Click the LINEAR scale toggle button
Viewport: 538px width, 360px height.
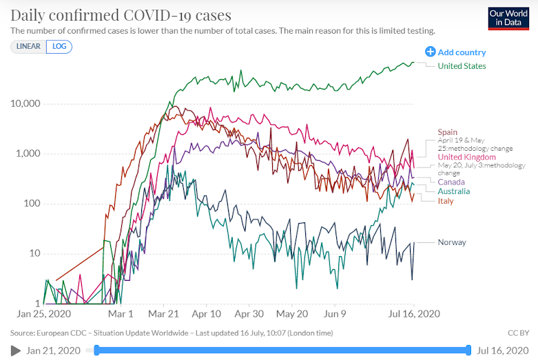(28, 47)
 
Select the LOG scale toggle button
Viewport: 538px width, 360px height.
(59, 47)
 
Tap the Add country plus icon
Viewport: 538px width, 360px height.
(431, 52)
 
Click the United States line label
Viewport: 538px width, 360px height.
(462, 66)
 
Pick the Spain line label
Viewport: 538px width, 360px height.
(448, 132)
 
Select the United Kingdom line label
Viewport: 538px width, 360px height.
(466, 157)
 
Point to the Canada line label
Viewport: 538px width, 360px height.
(451, 182)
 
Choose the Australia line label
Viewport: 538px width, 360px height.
(454, 191)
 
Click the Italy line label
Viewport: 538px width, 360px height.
(446, 200)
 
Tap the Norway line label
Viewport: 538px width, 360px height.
(452, 242)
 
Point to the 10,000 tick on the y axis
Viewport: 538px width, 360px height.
(25, 104)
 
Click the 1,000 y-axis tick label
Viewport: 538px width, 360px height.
(28, 153)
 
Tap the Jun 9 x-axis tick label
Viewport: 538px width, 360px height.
(335, 314)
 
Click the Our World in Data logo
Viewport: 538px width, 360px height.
(508, 19)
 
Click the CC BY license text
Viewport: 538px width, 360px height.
(517, 333)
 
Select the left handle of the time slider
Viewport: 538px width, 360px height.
(96, 350)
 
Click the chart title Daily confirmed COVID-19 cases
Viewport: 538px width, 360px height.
(121, 14)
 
